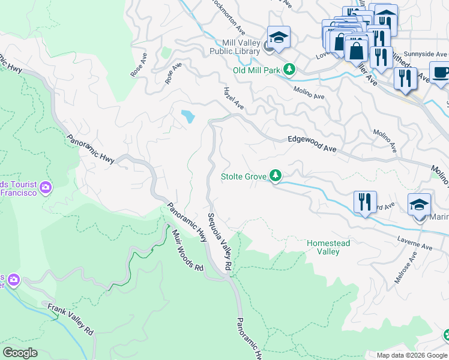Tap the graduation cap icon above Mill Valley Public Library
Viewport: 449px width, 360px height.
point(278,38)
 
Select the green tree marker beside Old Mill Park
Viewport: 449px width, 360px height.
point(290,70)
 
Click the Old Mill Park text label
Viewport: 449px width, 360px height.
point(256,71)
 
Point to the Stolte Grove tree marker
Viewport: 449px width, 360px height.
point(276,176)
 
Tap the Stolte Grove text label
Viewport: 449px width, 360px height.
point(243,176)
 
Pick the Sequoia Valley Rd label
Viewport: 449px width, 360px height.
point(220,241)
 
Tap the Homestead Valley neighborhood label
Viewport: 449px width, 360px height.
point(328,247)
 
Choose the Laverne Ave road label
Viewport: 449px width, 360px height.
point(414,245)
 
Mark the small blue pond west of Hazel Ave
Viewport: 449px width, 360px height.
point(188,116)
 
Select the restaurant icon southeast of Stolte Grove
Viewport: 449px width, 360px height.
point(365,202)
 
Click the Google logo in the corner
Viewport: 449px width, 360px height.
point(20,353)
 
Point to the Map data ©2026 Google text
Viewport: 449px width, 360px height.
point(411,355)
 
